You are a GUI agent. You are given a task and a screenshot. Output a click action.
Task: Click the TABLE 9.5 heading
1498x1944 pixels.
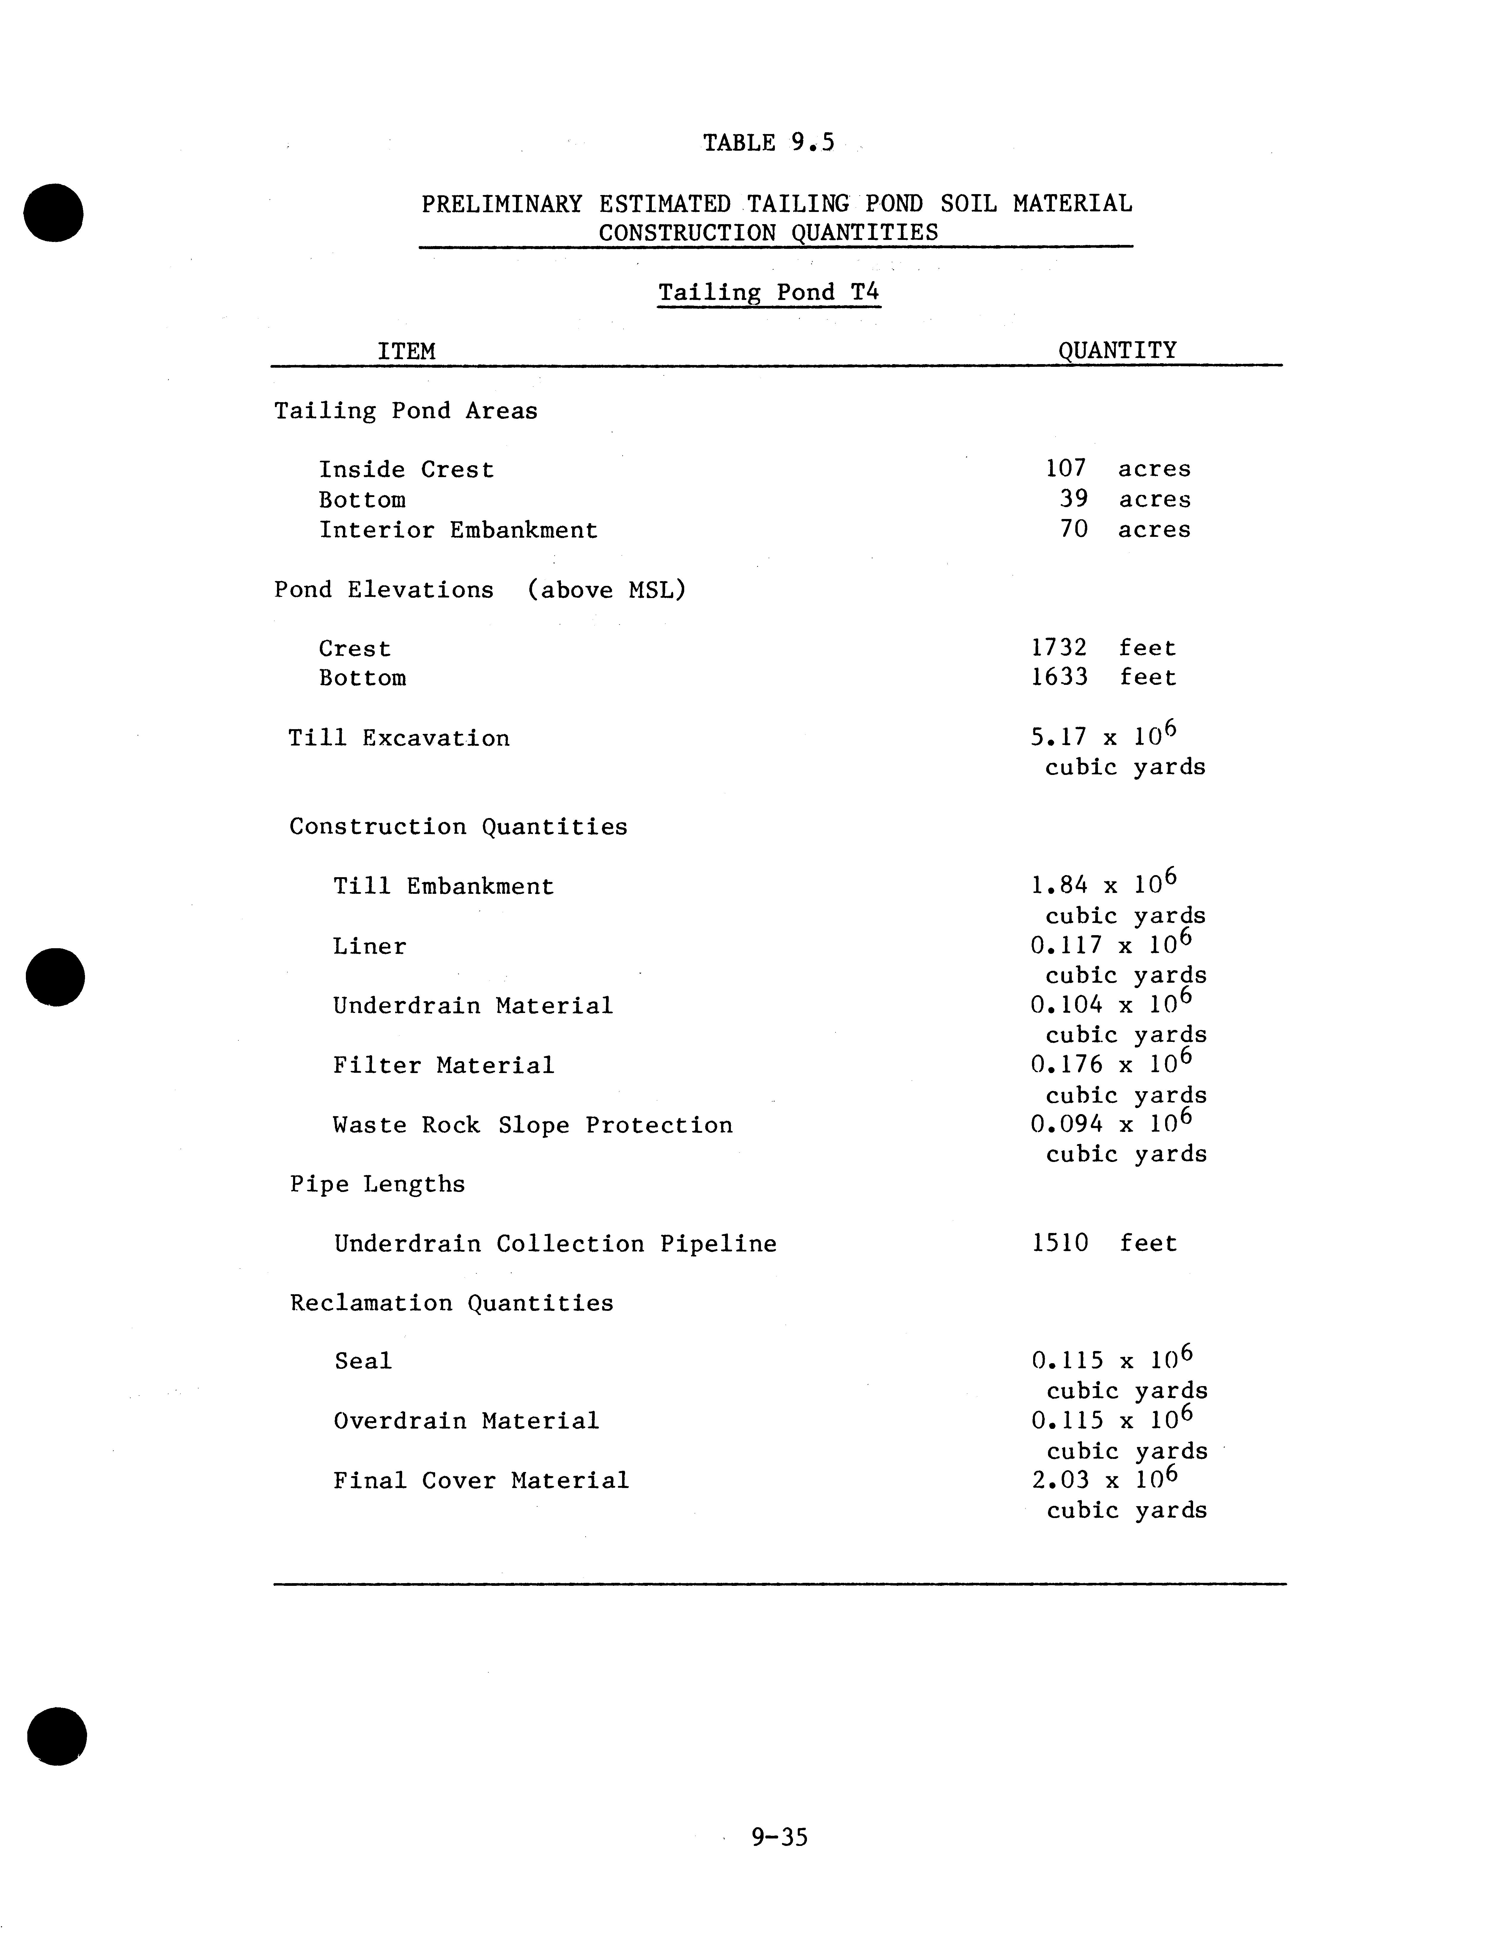click(768, 143)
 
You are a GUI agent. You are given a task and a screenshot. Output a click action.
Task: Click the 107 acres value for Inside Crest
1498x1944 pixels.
click(1117, 469)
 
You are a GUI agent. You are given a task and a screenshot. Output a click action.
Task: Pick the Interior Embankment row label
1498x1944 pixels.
click(458, 531)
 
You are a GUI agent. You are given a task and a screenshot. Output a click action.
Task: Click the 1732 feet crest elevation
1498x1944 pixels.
click(1103, 648)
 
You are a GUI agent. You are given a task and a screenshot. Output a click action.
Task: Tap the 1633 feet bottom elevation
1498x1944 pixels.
click(1103, 677)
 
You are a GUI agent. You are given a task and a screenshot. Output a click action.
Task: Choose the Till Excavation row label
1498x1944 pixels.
click(399, 738)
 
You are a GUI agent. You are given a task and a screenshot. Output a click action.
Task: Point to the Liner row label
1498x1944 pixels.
click(369, 946)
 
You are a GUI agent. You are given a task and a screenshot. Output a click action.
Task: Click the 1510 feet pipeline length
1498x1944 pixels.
click(1104, 1243)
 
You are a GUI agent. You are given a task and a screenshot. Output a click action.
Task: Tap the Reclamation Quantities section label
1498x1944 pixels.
click(451, 1303)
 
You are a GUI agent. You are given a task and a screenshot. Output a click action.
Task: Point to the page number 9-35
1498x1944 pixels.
click(779, 1837)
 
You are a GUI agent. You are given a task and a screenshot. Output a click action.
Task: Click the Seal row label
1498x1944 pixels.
click(363, 1361)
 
